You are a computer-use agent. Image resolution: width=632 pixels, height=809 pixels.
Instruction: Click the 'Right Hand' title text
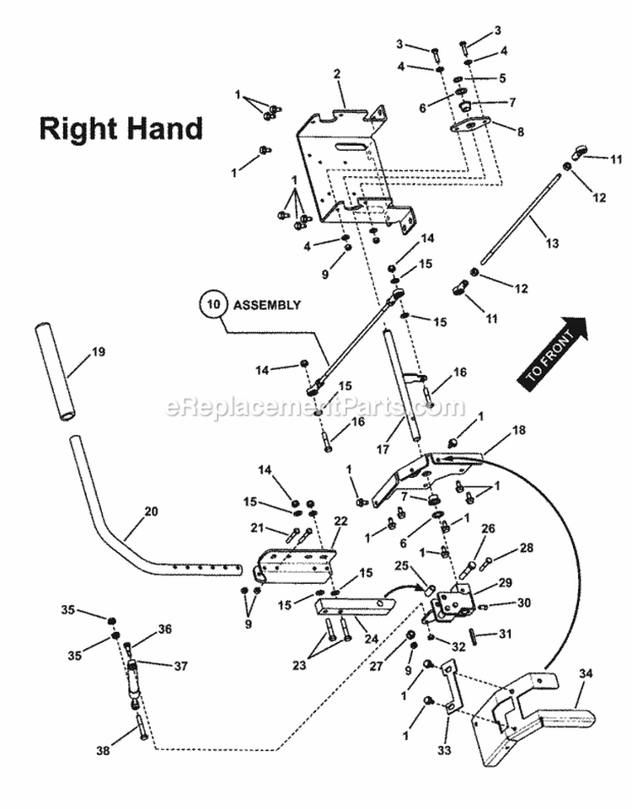pos(121,128)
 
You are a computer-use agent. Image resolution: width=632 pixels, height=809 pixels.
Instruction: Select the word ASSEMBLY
pos(267,305)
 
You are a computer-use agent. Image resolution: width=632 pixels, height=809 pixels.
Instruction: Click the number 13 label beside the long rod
pos(552,244)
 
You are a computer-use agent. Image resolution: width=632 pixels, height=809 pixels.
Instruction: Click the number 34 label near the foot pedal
pos(585,672)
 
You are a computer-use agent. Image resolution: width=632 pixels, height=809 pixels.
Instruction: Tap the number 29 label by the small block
pos(505,582)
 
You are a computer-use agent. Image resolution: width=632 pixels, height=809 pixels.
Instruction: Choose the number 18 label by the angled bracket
pos(518,430)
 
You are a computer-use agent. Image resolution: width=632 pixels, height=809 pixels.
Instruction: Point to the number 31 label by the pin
pos(505,634)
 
